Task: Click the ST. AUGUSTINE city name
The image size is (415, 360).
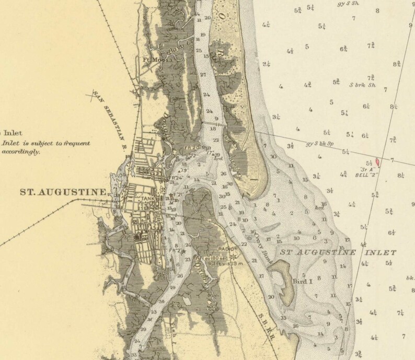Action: coord(62,192)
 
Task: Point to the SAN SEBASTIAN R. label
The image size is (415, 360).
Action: coord(111,112)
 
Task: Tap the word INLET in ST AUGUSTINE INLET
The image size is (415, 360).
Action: coord(377,252)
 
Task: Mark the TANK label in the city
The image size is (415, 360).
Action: coord(147,199)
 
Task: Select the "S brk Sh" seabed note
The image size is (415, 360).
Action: coord(363,85)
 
